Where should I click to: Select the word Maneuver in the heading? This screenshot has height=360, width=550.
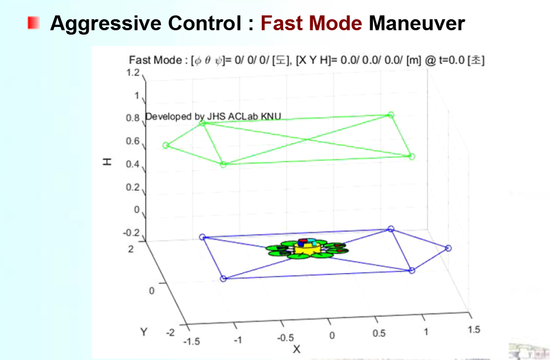click(x=417, y=23)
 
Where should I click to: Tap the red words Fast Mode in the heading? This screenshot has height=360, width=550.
click(x=311, y=23)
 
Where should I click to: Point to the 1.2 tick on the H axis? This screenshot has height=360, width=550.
click(x=134, y=73)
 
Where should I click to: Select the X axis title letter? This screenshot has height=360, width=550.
click(x=296, y=349)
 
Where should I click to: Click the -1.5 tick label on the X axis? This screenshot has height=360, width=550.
click(x=191, y=341)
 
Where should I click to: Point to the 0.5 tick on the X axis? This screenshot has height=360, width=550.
click(x=378, y=334)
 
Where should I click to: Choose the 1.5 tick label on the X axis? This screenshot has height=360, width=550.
click(x=473, y=329)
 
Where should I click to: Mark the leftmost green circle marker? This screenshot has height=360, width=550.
click(x=165, y=145)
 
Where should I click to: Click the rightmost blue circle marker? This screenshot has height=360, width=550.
click(x=448, y=248)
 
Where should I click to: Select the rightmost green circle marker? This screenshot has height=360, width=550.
click(x=412, y=157)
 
